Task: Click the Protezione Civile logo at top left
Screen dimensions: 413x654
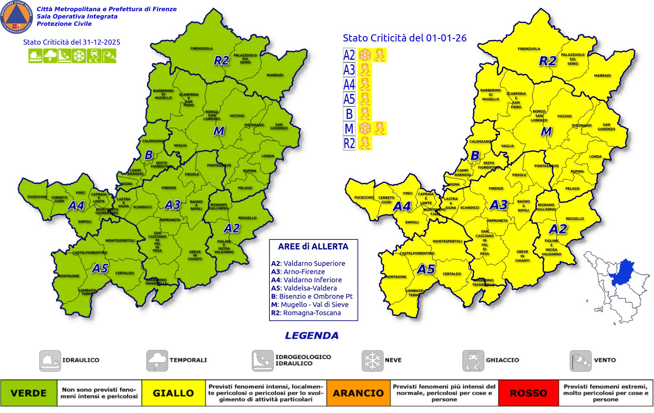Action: (17, 17)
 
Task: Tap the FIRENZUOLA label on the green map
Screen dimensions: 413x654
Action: (202, 48)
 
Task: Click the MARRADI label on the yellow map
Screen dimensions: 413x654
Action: (602, 76)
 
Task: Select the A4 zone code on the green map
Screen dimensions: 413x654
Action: (76, 206)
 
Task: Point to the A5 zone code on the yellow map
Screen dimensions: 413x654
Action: (426, 269)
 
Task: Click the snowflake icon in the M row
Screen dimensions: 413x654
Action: (364, 128)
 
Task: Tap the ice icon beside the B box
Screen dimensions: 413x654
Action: (364, 114)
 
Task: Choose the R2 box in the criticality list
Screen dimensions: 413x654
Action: (349, 143)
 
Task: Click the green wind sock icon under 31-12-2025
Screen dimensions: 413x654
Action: (109, 56)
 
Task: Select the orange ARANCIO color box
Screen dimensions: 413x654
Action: (358, 393)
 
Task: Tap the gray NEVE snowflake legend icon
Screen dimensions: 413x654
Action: (372, 361)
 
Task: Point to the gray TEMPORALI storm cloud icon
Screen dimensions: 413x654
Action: (157, 361)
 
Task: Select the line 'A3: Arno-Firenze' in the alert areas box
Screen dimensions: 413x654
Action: (298, 272)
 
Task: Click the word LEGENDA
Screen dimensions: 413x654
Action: (312, 336)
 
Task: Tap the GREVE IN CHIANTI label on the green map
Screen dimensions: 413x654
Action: (195, 255)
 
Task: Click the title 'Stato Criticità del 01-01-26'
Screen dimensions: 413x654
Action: (405, 38)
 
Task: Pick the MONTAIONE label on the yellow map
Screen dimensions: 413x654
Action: (395, 277)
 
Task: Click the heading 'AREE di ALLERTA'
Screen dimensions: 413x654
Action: (313, 247)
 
